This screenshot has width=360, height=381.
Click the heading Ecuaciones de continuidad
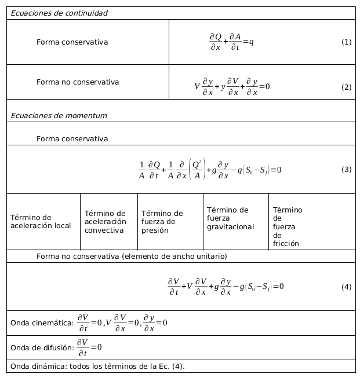59,13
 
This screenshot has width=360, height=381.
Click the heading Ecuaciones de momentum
59,115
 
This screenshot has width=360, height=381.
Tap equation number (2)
346,87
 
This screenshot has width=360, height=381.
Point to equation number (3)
346,170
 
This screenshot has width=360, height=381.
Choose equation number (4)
346,287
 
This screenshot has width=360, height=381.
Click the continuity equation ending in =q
231,42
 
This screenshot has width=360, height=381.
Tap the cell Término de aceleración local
40,222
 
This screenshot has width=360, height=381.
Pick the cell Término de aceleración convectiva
105,222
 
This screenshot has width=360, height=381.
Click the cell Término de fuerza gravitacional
230,218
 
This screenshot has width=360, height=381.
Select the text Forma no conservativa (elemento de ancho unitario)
131,256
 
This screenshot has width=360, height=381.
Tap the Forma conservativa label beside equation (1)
72,42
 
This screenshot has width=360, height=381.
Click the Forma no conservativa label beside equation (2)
78,82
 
